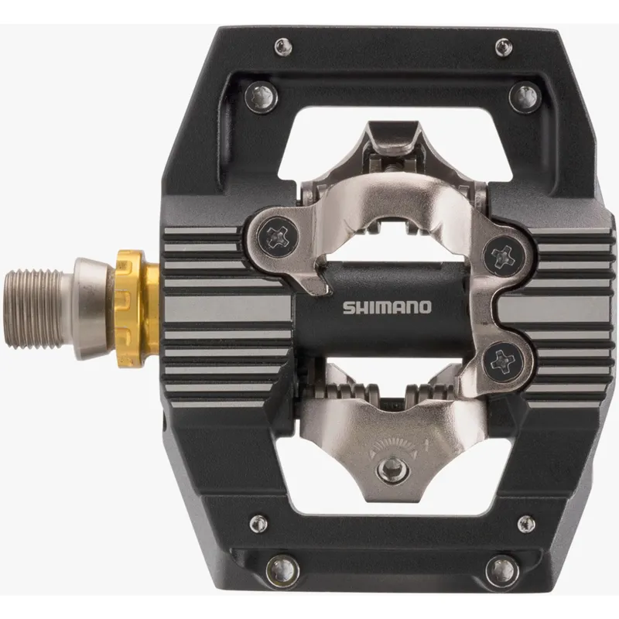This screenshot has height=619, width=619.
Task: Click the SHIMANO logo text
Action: coord(387,307)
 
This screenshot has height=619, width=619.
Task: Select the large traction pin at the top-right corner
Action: coord(524,97)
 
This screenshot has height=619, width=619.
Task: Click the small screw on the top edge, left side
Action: coord(284,46)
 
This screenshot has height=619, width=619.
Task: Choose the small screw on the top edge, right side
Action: coord(503,46)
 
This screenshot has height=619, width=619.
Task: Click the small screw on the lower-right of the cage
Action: coord(526,524)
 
